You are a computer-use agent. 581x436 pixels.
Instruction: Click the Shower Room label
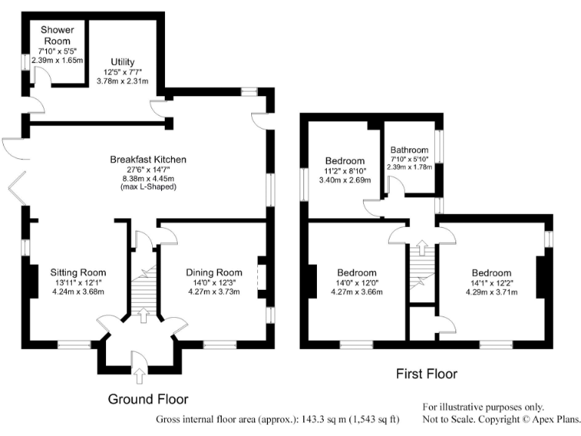pyautogui.click(x=56, y=36)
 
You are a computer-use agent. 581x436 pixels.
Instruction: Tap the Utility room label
pyautogui.click(x=123, y=62)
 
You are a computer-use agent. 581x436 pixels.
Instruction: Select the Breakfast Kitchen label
pyautogui.click(x=148, y=160)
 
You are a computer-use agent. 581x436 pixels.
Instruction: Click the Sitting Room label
pyautogui.click(x=78, y=272)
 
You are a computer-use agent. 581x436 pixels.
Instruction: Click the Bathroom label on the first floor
pyautogui.click(x=409, y=150)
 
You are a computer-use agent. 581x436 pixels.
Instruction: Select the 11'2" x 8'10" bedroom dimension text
pyautogui.click(x=345, y=171)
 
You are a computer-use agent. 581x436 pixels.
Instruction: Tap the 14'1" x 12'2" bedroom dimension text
pyautogui.click(x=492, y=283)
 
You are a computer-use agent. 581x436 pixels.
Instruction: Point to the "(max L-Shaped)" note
pyautogui.click(x=148, y=187)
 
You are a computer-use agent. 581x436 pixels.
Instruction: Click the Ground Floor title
pyautogui.click(x=148, y=399)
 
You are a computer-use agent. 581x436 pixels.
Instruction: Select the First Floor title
pyautogui.click(x=427, y=373)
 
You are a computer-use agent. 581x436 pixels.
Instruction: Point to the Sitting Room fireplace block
pyautogui.click(x=33, y=280)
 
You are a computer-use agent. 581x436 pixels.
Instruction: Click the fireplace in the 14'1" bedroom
pyautogui.click(x=540, y=278)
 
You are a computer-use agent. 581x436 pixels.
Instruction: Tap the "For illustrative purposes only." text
pyautogui.click(x=483, y=406)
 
